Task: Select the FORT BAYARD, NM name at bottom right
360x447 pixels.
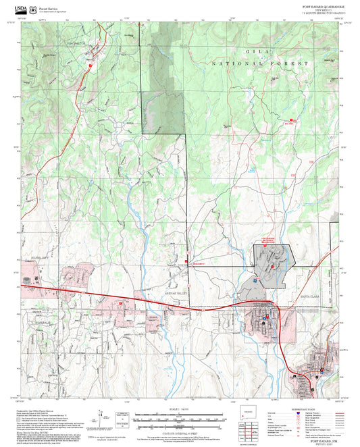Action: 322,440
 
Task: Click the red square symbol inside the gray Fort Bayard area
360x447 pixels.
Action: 272,266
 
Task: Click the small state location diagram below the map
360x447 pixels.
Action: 249,412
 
